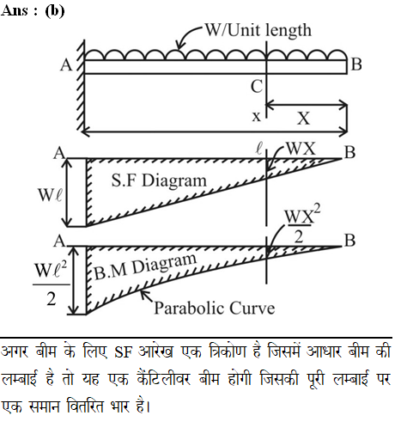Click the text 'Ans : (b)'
point(33,11)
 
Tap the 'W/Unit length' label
point(258,30)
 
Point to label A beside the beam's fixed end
point(66,65)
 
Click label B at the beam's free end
point(356,64)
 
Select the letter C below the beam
point(257,86)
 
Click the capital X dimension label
point(303,118)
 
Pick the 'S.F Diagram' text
point(159,180)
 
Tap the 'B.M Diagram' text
point(145,266)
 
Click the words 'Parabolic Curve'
point(215,309)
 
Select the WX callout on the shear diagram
point(301,149)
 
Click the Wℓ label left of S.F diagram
point(50,195)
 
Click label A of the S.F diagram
point(59,153)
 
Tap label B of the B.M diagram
point(349,241)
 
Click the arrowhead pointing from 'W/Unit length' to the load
point(179,46)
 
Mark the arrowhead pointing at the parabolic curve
point(144,294)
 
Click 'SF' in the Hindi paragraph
point(124,352)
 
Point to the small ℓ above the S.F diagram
point(259,150)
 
